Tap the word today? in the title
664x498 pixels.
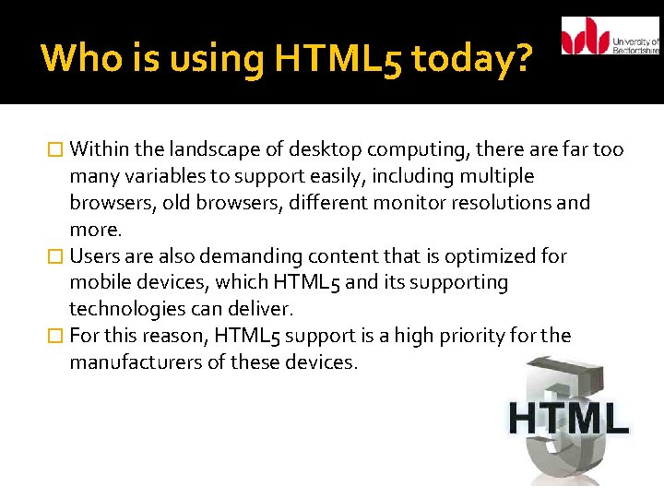(x=471, y=58)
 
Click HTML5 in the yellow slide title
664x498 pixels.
(x=337, y=60)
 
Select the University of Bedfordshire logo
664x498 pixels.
(x=610, y=36)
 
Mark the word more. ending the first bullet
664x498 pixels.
(x=93, y=230)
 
